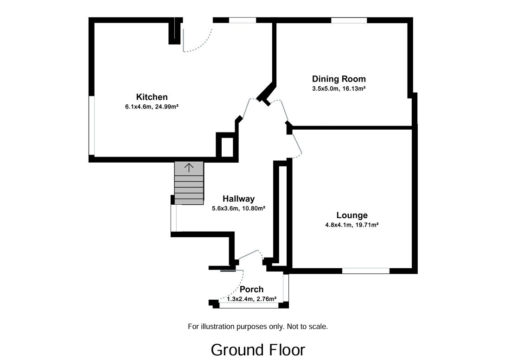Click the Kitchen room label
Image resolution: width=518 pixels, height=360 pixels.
[152, 97]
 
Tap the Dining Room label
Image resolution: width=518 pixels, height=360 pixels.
[339, 79]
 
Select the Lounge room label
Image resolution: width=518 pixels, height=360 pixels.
[352, 215]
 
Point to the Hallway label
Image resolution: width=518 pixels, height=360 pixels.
[238, 199]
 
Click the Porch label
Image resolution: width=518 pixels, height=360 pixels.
[252, 289]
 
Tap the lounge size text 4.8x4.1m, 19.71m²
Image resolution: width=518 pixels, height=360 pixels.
[352, 225]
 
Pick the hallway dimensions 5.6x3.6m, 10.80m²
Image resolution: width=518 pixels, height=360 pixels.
[238, 208]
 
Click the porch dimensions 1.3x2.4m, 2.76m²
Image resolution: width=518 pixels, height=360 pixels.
[252, 298]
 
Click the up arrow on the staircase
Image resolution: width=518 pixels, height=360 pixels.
[189, 167]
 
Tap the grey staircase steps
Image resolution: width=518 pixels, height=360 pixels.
[189, 188]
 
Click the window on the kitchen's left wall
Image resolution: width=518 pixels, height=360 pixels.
[92, 125]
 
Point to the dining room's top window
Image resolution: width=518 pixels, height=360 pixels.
[349, 20]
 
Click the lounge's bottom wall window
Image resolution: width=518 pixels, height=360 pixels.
[366, 271]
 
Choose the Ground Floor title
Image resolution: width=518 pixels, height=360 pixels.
[258, 349]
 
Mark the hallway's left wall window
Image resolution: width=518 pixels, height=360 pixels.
[173, 218]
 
